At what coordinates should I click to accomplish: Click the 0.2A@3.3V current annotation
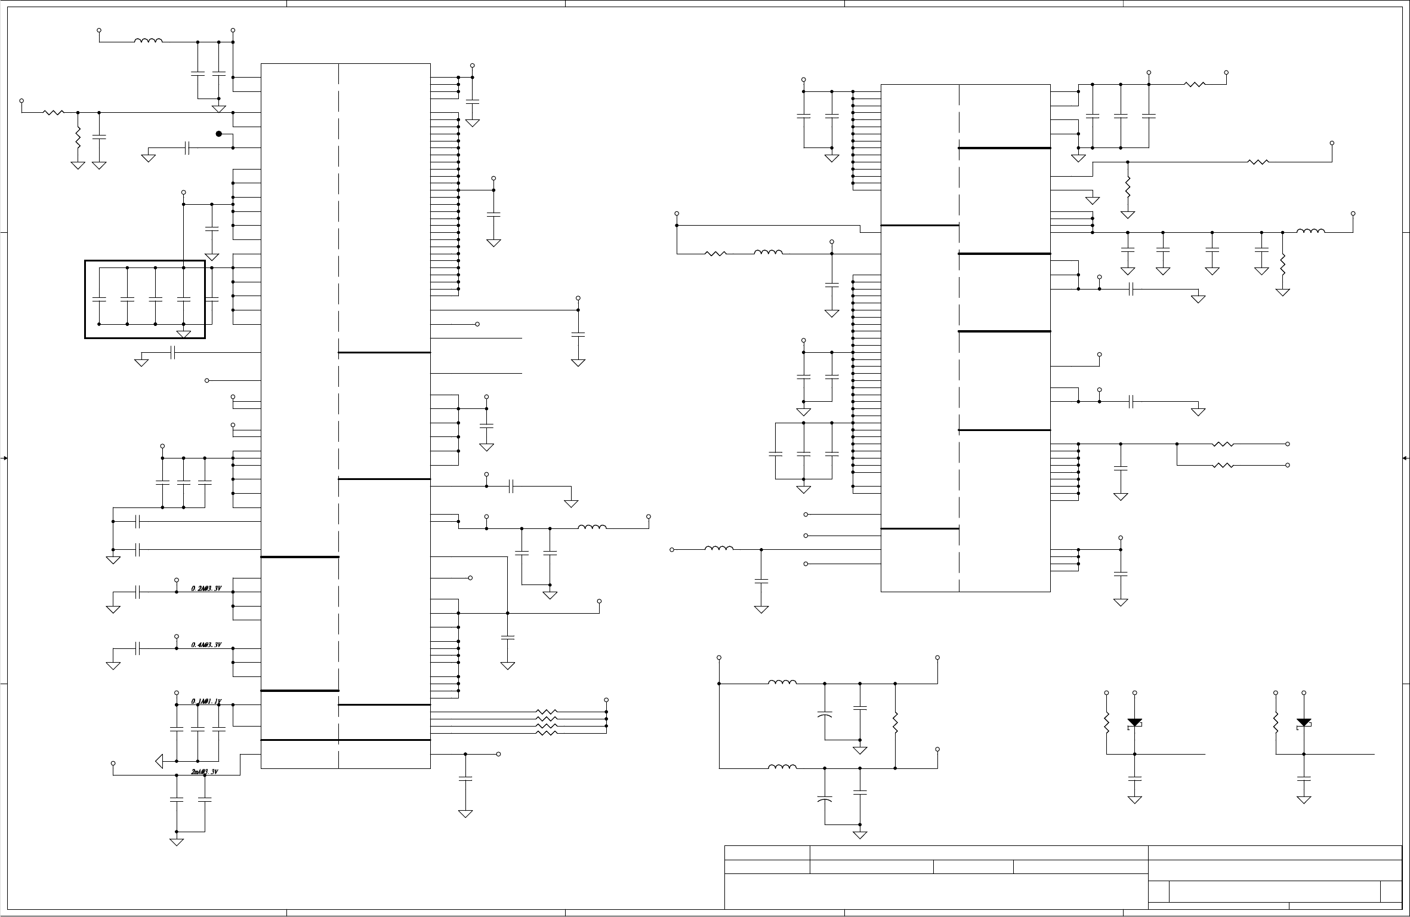click(206, 588)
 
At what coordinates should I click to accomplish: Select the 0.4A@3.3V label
click(206, 645)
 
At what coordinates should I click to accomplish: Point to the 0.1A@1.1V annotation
click(206, 701)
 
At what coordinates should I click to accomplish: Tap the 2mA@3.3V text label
click(205, 772)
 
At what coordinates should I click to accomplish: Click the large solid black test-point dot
click(219, 134)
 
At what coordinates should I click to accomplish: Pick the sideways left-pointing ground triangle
click(159, 761)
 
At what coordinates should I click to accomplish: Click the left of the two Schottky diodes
click(1134, 723)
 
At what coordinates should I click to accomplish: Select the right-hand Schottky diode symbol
click(1304, 723)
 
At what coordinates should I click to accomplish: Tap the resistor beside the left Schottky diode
click(1106, 723)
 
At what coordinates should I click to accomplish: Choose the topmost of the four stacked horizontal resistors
click(547, 712)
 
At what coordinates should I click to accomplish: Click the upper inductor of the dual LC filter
click(782, 682)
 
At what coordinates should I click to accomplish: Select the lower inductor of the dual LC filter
click(782, 767)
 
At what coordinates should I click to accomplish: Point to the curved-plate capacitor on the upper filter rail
click(825, 714)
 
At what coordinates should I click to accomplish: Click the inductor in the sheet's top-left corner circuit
click(148, 41)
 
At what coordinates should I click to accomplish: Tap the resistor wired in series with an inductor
click(715, 254)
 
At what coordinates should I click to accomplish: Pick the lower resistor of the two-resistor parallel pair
click(1223, 465)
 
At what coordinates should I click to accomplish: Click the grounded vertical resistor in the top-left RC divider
click(78, 139)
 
